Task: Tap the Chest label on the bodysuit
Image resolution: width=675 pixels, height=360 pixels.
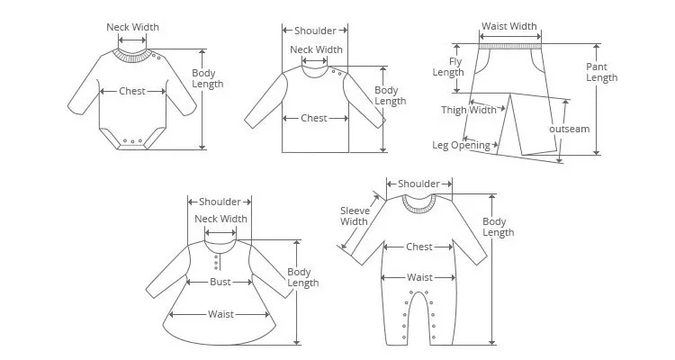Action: tap(133, 91)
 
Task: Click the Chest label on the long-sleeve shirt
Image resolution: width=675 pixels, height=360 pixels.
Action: tap(314, 118)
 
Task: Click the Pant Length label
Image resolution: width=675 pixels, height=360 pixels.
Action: tap(601, 72)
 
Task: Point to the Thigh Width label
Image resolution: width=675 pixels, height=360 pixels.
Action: tap(469, 110)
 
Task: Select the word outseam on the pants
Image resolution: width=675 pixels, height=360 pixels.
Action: tap(569, 129)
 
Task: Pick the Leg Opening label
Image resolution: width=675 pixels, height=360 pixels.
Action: tap(461, 145)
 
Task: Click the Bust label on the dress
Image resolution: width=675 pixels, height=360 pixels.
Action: tap(220, 282)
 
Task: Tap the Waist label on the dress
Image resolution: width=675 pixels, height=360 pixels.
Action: tap(220, 314)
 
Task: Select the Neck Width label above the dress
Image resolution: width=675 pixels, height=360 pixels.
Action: tap(220, 219)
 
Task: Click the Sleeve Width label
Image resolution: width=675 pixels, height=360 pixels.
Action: tap(354, 216)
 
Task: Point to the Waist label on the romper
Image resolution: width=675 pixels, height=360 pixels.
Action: tap(419, 277)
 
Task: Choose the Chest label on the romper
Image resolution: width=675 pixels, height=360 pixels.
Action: tap(419, 246)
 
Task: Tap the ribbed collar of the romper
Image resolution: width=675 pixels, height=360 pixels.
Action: tap(419, 204)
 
